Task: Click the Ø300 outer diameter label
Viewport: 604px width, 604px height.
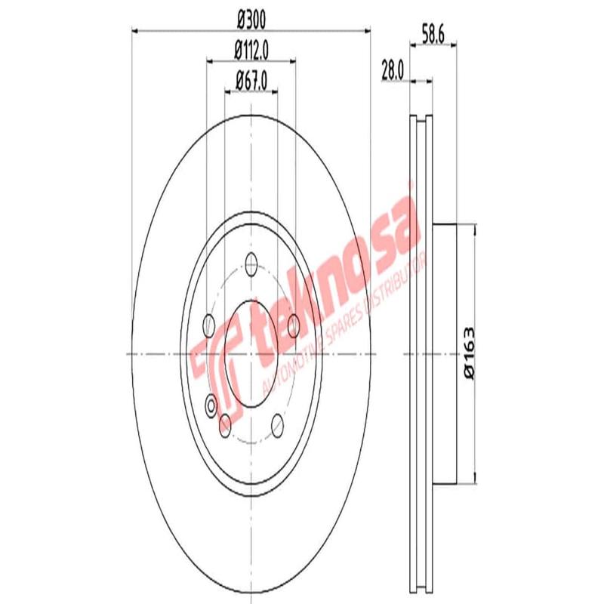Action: pos(251,17)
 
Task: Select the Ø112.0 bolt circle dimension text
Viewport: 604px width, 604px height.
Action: pos(251,51)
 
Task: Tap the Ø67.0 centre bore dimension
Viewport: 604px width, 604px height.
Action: pos(251,77)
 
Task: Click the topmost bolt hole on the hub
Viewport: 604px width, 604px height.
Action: pos(251,264)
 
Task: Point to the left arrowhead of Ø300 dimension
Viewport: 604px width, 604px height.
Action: pos(137,30)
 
